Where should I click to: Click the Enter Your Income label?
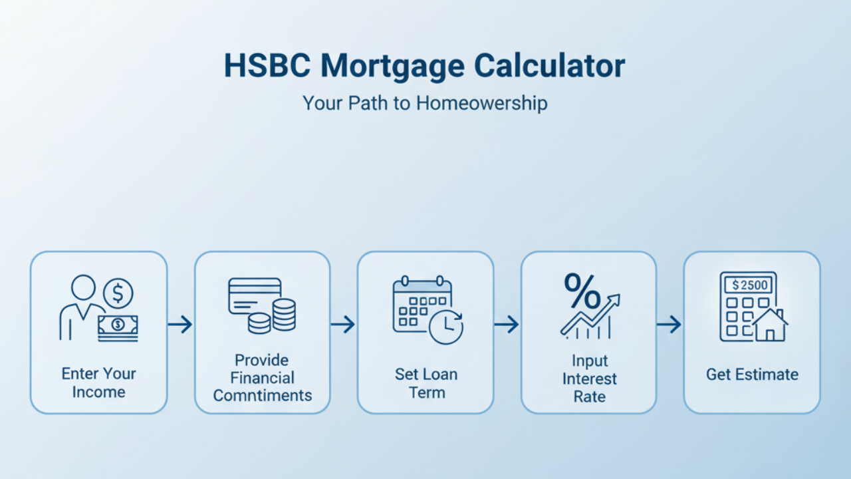tap(98, 383)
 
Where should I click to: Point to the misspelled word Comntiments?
tap(262, 395)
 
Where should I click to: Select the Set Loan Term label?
tap(425, 383)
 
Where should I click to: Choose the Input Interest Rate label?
tap(588, 379)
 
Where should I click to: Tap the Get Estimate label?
tap(752, 375)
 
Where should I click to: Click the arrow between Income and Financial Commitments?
tap(180, 325)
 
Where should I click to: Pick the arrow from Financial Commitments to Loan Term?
tap(343, 325)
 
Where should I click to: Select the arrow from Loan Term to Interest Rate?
tap(507, 325)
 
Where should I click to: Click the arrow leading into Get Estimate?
tap(669, 325)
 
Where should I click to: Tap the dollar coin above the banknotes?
tap(118, 292)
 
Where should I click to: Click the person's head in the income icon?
tap(83, 288)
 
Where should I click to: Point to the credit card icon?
tap(254, 295)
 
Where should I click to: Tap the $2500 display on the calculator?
tap(749, 285)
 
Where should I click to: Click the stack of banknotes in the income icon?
tap(118, 327)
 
